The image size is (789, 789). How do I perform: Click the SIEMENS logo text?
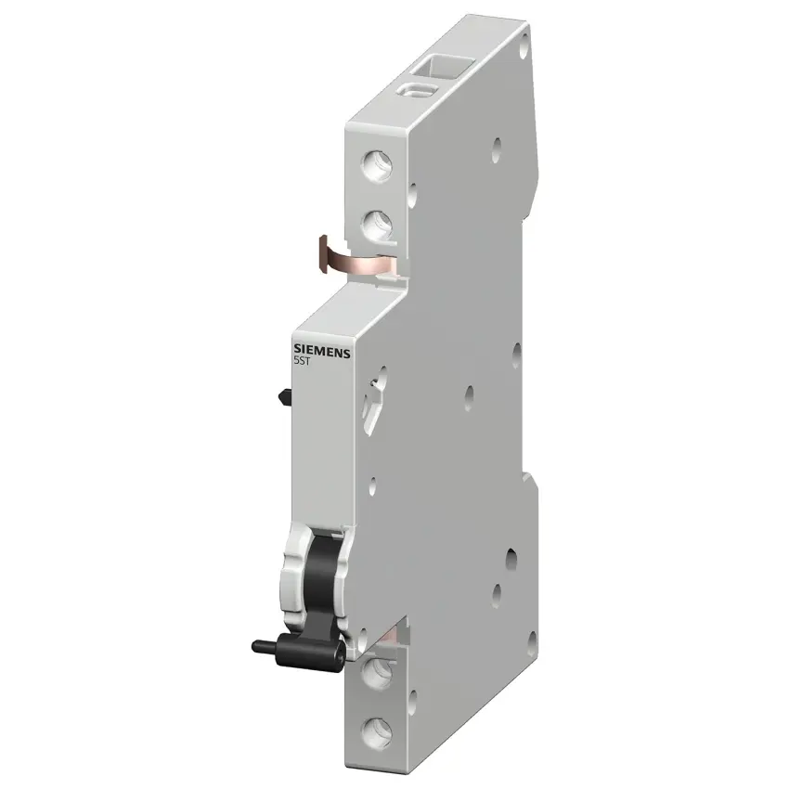[x=322, y=351]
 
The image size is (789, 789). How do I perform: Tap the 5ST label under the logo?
[x=302, y=361]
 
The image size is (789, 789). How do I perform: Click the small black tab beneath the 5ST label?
[x=285, y=397]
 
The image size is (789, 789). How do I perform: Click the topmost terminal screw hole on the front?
[x=377, y=165]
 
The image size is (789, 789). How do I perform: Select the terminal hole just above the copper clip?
[x=378, y=225]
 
